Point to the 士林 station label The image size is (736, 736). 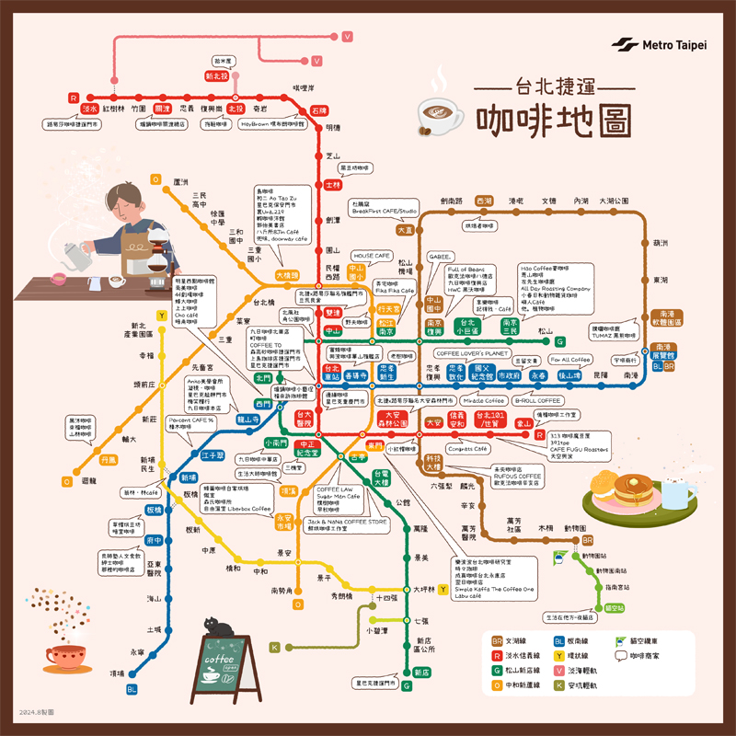pos(333,185)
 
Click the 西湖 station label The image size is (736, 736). pos(484,201)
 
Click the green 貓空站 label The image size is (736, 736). pos(614,607)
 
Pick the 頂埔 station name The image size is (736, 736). pos(117,673)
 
